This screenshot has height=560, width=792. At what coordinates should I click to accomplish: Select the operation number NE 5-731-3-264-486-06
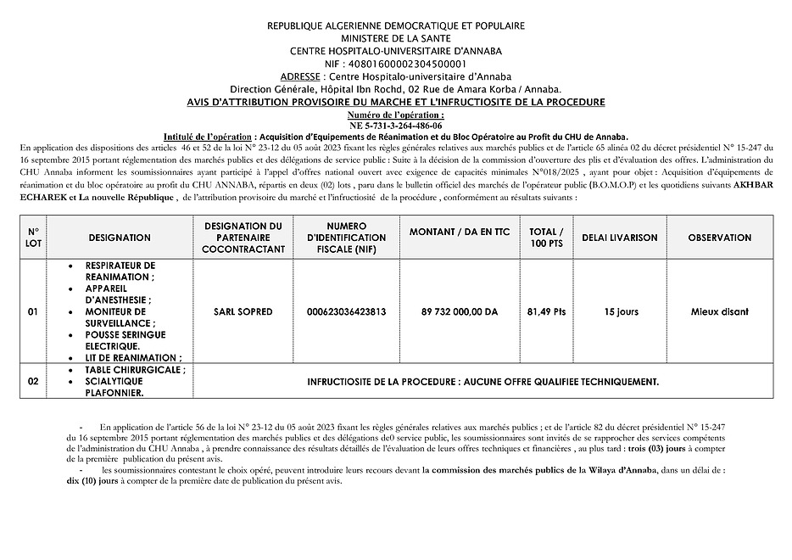(395, 125)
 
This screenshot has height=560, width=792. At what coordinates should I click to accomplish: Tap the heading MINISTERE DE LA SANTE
(396, 38)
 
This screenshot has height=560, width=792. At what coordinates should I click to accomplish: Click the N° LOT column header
(33, 238)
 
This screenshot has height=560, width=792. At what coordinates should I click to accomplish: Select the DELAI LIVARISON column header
(620, 238)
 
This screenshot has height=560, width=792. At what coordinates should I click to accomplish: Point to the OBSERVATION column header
(719, 238)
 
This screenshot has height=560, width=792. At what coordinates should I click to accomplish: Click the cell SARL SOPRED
(243, 312)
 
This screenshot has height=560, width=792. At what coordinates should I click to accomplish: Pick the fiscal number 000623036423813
(346, 312)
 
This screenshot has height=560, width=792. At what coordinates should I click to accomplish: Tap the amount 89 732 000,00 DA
(460, 312)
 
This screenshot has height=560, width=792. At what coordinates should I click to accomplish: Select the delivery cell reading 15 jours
(621, 312)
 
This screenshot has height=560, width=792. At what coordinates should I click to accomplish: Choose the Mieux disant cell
(720, 312)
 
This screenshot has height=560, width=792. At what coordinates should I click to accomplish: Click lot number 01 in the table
(33, 312)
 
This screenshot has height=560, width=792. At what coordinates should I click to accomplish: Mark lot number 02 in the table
(33, 382)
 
